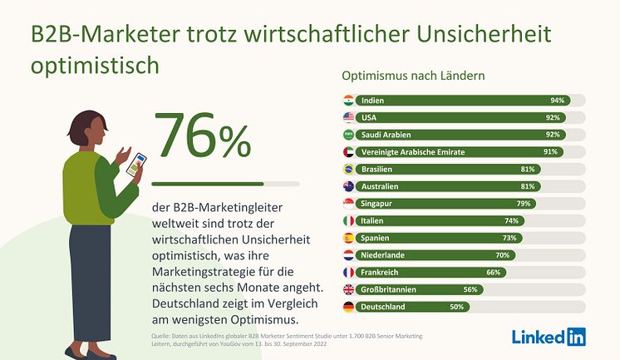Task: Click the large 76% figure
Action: click(202, 137)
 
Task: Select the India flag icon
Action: click(349, 101)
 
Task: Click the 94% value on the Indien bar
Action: click(557, 101)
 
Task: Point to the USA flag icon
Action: click(349, 118)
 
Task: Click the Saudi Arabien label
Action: click(386, 135)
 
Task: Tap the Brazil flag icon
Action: click(349, 170)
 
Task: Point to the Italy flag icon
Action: click(349, 221)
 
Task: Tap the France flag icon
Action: click(349, 273)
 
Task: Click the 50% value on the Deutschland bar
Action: click(457, 307)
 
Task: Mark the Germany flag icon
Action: click(349, 307)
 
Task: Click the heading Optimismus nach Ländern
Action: click(414, 76)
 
